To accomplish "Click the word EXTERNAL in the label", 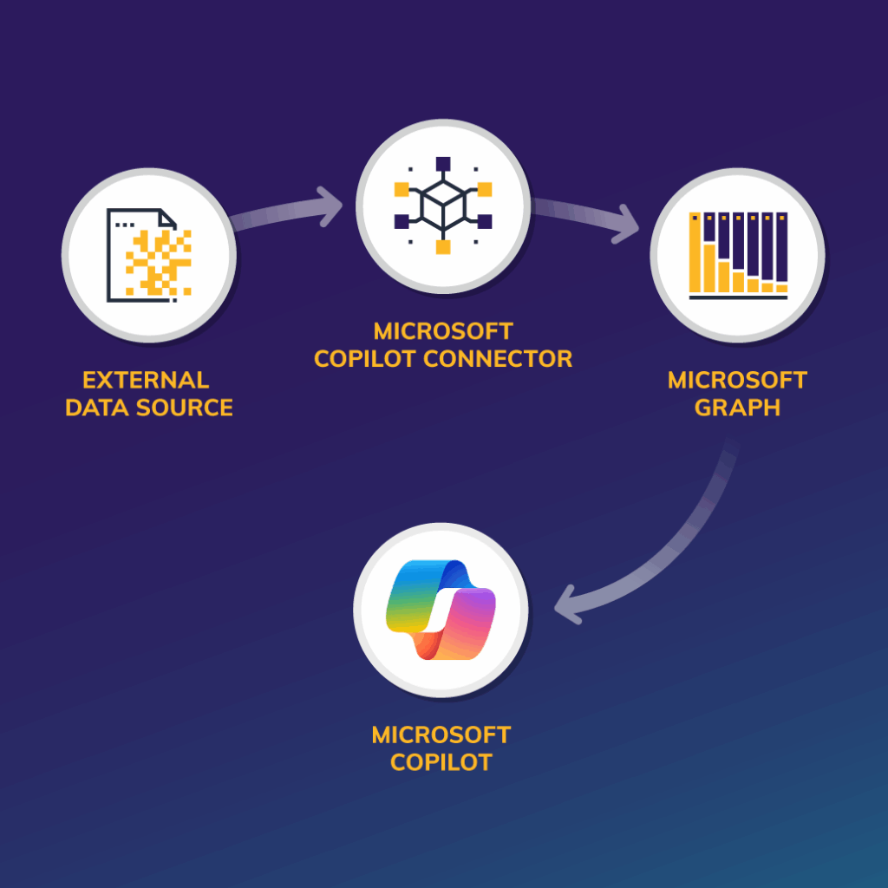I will [146, 380].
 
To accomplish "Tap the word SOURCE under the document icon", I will [190, 408].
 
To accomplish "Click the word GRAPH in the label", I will [737, 408].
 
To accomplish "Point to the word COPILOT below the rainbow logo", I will [441, 762].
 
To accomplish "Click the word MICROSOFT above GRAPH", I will [737, 380].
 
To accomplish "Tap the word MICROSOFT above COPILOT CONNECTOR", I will [443, 331].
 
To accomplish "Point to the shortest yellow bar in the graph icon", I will [781, 287].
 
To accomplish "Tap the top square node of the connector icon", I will [443, 162].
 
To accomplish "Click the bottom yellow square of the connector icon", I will [443, 247].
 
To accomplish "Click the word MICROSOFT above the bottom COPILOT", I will [441, 735].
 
